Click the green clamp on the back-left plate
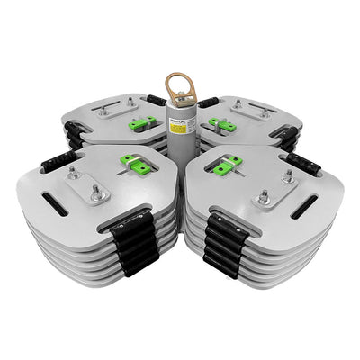point(140,123)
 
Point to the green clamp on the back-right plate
point(218,122)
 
